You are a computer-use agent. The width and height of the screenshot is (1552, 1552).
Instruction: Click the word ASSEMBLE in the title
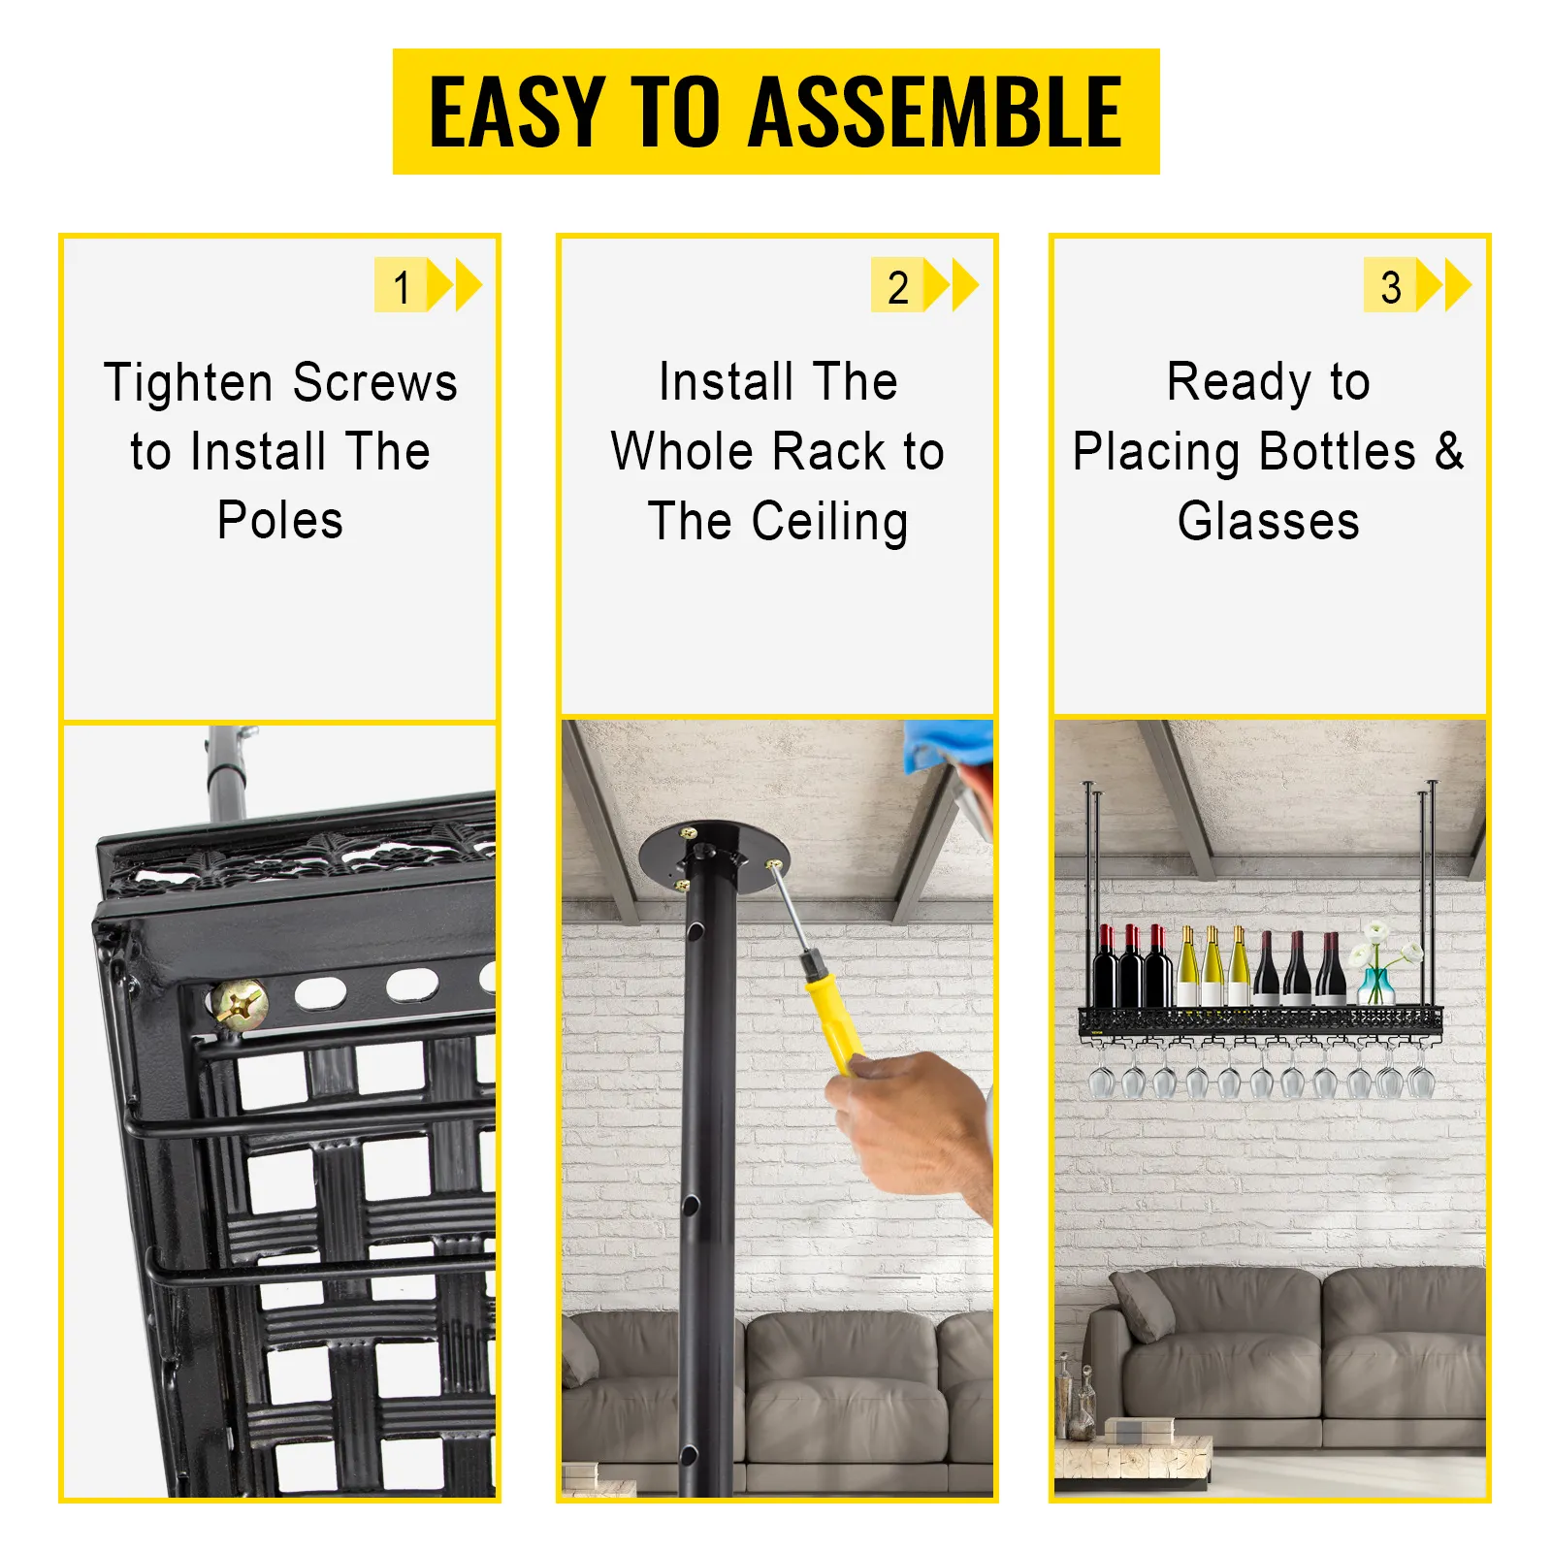pos(935,113)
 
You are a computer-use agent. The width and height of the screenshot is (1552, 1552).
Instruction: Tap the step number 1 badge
pos(401,286)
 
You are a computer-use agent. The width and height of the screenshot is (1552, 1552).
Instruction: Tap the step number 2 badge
pos(897,286)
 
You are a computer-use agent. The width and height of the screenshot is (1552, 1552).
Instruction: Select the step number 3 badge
pos(1390,286)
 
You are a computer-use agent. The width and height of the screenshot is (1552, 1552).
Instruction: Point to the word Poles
pos(280,521)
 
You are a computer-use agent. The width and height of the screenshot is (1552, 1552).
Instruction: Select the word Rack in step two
pos(829,452)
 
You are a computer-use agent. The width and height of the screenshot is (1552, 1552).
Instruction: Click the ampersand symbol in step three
pos(1448,451)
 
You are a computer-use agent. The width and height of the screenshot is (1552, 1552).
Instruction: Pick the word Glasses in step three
pos(1268,522)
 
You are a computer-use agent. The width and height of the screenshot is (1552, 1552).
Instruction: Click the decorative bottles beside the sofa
pos(1077,1397)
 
